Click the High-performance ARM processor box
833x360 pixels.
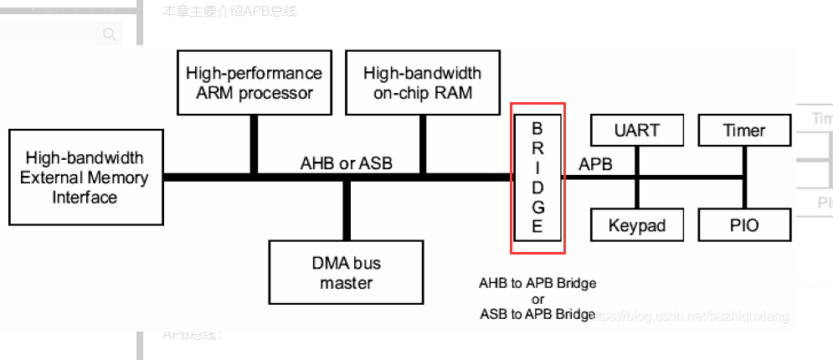(254, 83)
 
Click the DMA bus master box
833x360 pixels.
(346, 273)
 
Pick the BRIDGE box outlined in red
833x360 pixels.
(537, 177)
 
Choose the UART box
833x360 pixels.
(636, 131)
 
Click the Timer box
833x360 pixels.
(744, 131)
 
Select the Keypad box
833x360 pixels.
(636, 225)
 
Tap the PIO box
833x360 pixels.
(744, 225)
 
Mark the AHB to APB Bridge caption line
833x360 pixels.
(537, 283)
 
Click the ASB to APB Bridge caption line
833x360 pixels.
(537, 315)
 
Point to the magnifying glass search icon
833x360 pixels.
(109, 34)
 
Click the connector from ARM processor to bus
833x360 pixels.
(254, 146)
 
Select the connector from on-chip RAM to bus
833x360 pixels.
(423, 146)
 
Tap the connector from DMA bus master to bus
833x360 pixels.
(345, 209)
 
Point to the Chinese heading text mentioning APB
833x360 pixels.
(230, 11)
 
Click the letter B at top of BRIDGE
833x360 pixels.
(537, 129)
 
